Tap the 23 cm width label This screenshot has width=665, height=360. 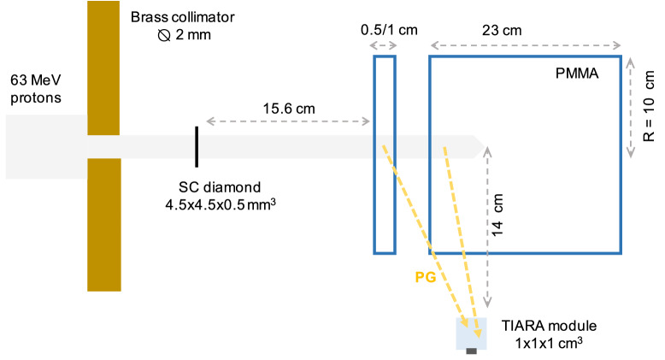point(524,30)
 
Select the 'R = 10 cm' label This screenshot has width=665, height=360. point(649,108)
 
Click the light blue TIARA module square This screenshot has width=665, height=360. point(471,334)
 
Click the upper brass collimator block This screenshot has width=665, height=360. point(103,67)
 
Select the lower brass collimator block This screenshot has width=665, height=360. point(103,224)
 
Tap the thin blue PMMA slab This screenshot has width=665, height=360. point(385,155)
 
